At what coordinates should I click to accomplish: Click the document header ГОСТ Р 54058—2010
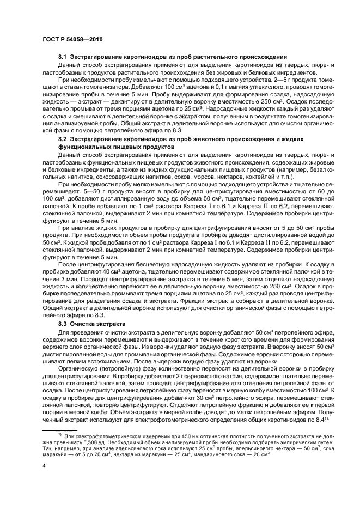click(x=72, y=40)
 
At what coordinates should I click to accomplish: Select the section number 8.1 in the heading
click(x=62, y=57)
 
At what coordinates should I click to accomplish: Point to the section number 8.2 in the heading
click(x=62, y=139)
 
